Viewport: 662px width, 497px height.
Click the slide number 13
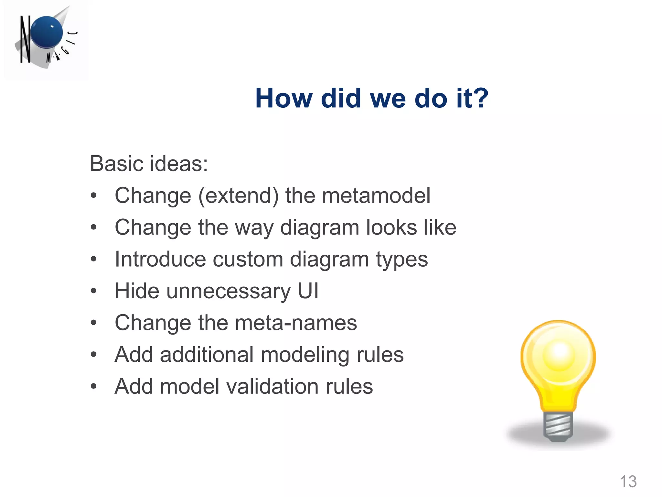point(628,481)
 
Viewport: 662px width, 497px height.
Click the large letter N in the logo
point(25,39)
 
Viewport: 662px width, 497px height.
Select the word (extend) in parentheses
point(238,196)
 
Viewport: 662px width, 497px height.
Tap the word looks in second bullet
point(391,227)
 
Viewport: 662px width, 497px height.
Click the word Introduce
point(160,259)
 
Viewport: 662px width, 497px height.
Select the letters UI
point(308,291)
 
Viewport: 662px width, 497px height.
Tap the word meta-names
point(296,323)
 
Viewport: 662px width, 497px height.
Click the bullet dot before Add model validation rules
point(94,386)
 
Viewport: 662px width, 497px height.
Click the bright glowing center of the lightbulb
point(559,353)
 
